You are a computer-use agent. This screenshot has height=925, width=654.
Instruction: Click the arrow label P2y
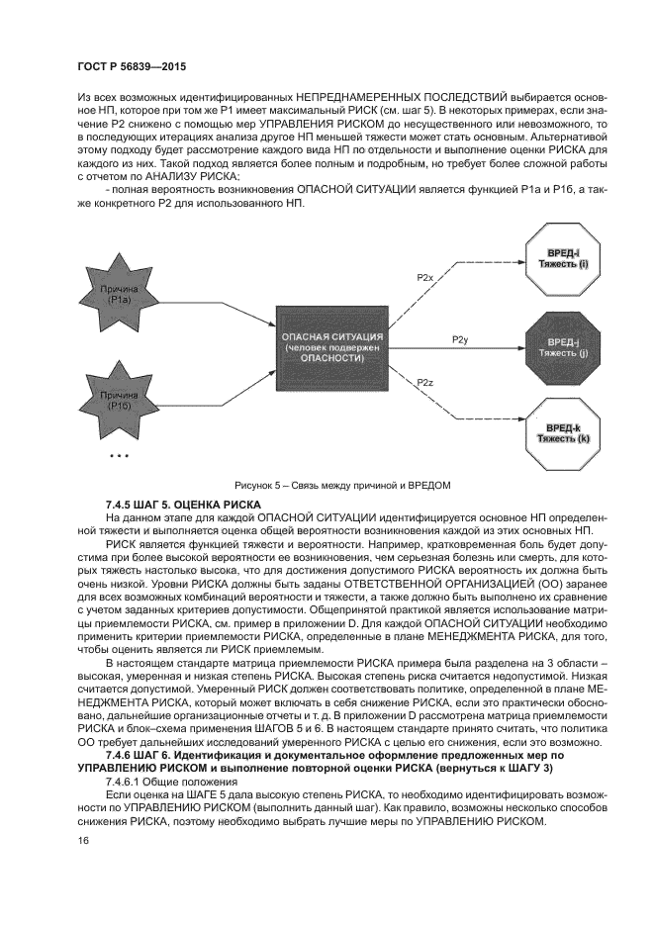tap(459, 339)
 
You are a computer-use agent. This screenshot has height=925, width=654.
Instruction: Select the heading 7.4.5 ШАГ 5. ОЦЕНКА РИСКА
tap(183, 505)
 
